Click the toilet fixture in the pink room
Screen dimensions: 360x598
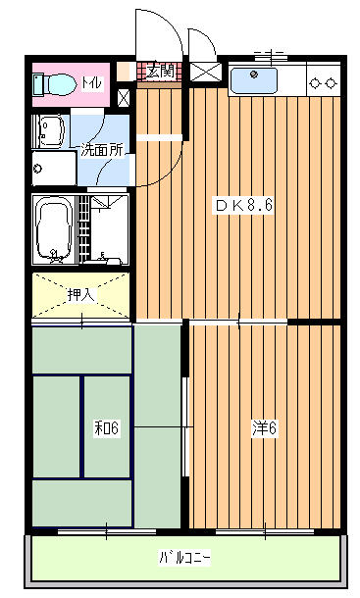[53, 84]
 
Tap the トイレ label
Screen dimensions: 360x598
[92, 82]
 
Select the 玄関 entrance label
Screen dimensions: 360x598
[160, 72]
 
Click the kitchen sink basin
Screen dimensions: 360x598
[254, 80]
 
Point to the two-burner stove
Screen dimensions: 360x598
[324, 82]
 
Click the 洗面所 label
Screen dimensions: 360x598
[102, 150]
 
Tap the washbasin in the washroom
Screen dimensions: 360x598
[50, 130]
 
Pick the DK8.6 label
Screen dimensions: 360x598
[243, 205]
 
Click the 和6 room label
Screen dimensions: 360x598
[107, 427]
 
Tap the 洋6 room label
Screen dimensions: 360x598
[264, 427]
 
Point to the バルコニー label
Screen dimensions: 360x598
[184, 558]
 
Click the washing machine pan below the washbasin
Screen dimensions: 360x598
[55, 169]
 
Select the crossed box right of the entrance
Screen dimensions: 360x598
[205, 73]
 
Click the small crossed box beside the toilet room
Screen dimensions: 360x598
[123, 98]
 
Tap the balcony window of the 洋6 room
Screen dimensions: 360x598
[265, 531]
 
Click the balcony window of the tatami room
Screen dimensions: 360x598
[107, 531]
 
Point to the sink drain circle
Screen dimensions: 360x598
[253, 74]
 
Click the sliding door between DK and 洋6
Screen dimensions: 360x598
[238, 324]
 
